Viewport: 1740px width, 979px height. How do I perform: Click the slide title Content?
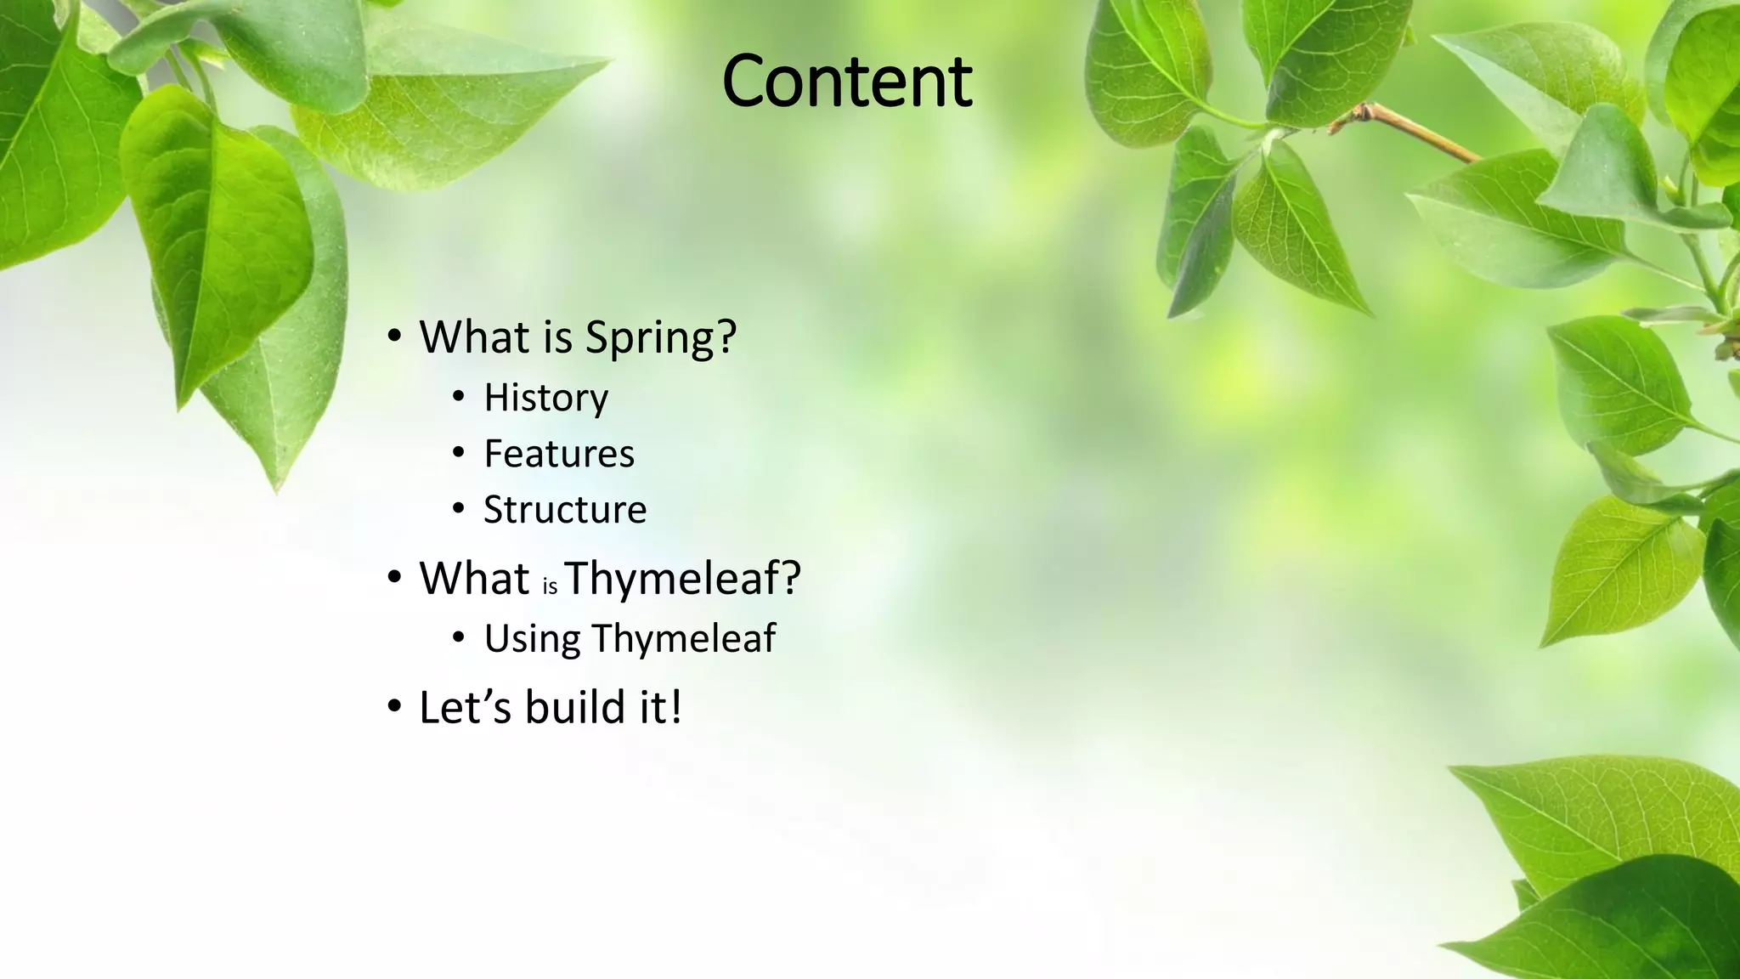click(846, 82)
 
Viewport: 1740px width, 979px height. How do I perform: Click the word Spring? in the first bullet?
click(660, 338)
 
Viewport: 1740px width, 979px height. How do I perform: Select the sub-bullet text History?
click(545, 398)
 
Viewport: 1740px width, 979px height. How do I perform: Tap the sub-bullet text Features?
click(559, 454)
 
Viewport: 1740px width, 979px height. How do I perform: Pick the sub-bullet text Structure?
click(565, 510)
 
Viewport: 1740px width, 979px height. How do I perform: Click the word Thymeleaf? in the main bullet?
click(682, 579)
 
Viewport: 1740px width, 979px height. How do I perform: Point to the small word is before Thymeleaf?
click(550, 586)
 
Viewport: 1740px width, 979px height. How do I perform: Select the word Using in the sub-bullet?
click(532, 639)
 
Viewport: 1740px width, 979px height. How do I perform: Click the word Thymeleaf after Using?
click(684, 639)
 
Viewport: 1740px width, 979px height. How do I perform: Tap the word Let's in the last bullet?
click(465, 707)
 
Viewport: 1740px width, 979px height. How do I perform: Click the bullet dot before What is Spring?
click(393, 337)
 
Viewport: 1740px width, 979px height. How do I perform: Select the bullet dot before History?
click(459, 396)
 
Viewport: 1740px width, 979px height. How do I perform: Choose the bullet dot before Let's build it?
click(393, 706)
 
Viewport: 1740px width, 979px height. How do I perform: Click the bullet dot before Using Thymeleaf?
click(459, 637)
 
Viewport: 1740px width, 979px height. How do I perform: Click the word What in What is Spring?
click(474, 337)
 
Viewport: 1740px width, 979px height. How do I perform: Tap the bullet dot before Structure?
click(459, 508)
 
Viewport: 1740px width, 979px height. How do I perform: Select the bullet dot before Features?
click(459, 452)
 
